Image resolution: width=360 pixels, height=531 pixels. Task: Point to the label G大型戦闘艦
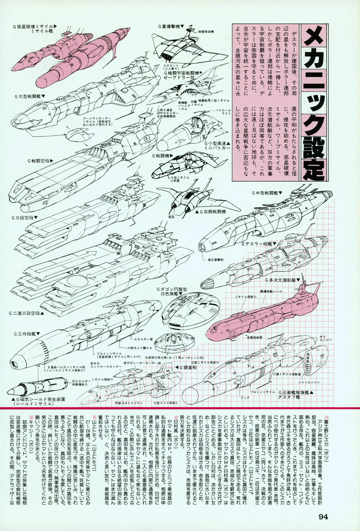click(x=29, y=96)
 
